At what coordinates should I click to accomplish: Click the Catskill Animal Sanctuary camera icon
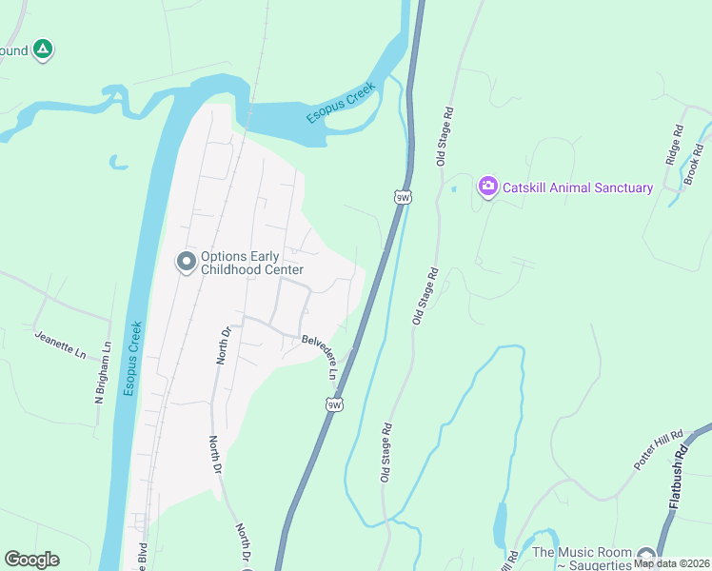pos(488,186)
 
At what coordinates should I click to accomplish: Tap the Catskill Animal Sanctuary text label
pos(578,187)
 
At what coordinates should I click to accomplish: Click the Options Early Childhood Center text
pos(251,263)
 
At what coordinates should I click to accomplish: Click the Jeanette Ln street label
pos(60,344)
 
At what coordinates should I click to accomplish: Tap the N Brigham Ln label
pos(103,373)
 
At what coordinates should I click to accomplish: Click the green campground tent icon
pos(42,49)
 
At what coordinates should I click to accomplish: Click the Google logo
pos(31,560)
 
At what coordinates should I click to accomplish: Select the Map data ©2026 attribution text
pos(671,562)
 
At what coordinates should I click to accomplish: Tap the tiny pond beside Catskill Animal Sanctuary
pos(454,188)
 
